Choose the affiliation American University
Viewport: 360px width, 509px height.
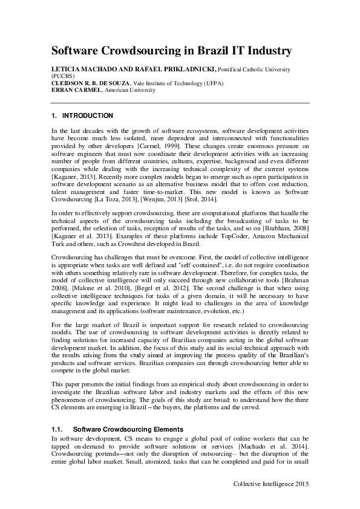(130, 90)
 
